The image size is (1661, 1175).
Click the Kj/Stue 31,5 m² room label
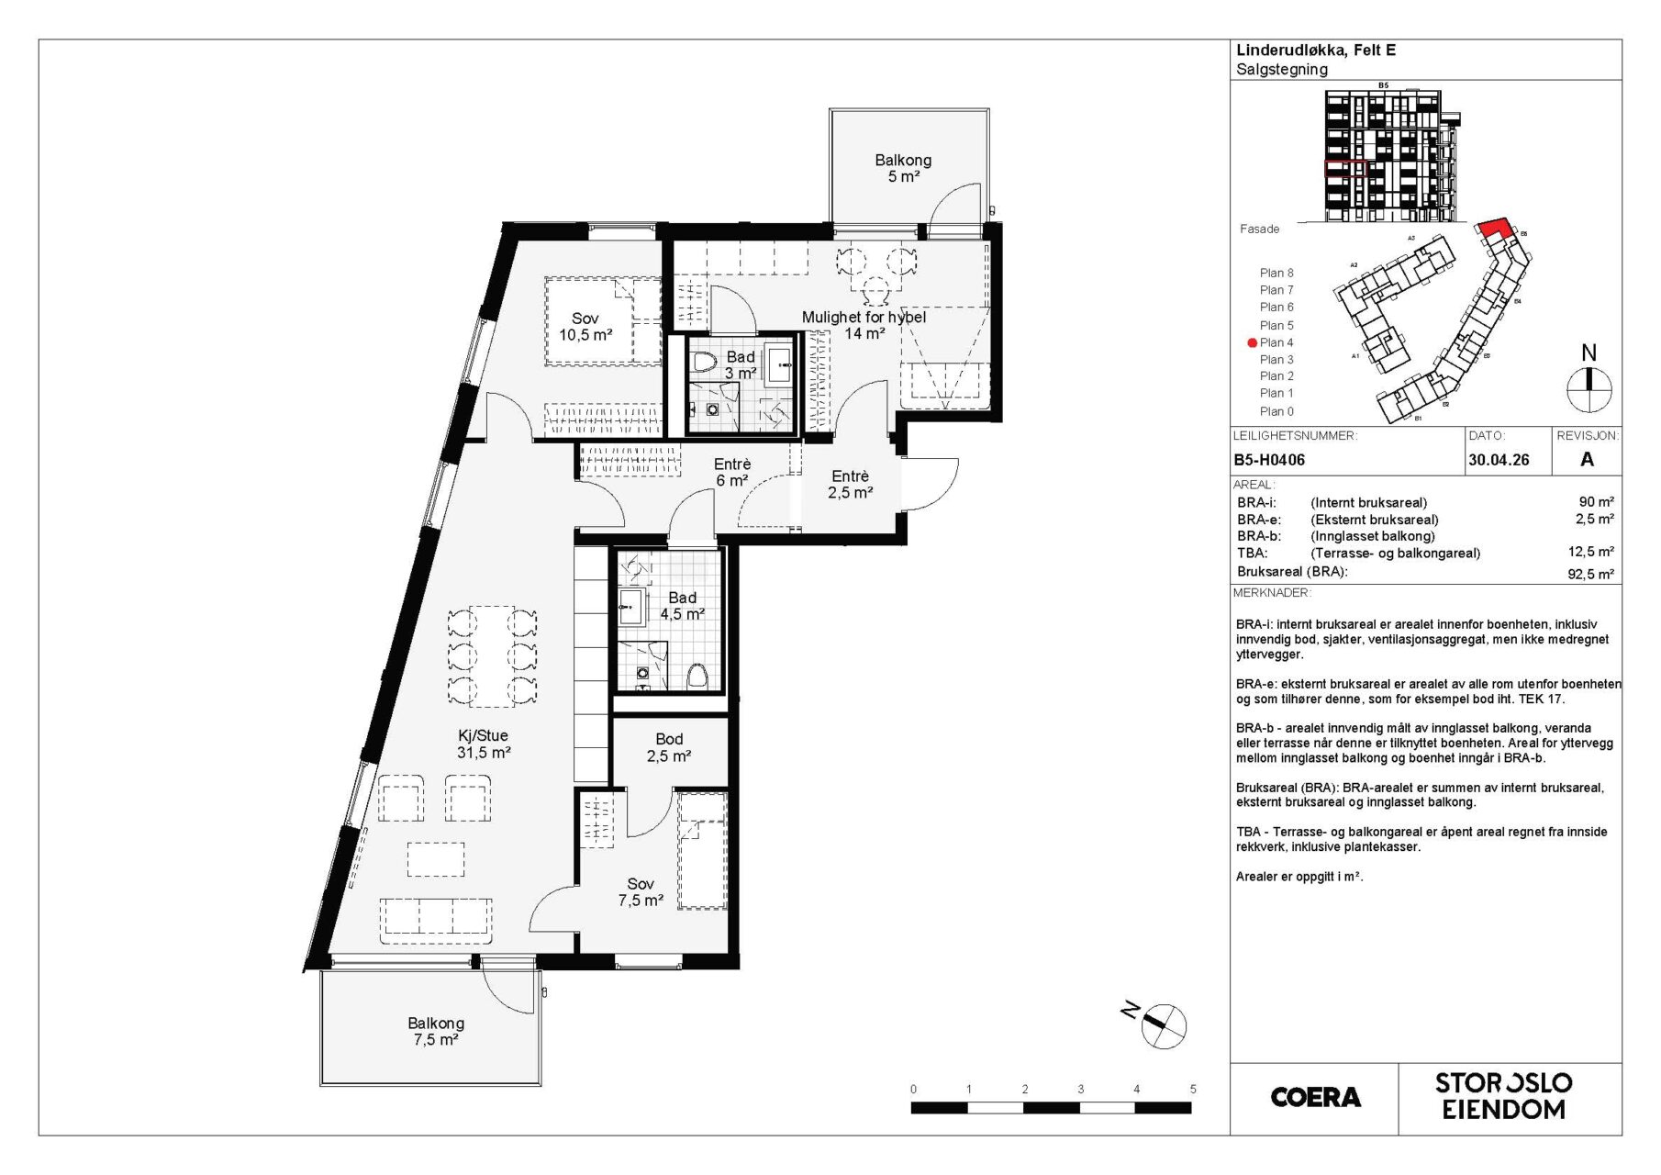click(x=484, y=744)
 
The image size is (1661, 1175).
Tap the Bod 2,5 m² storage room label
click(x=669, y=747)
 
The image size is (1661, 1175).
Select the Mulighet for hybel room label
click(x=864, y=325)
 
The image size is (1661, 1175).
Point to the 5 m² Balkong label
click(x=903, y=168)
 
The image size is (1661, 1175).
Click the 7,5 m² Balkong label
click(x=436, y=1031)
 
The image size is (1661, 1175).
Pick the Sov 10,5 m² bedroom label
click(x=585, y=327)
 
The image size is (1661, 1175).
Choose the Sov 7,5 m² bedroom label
click(x=641, y=891)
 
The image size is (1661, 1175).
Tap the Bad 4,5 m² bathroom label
click(x=682, y=606)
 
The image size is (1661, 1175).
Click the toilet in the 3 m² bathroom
click(x=703, y=364)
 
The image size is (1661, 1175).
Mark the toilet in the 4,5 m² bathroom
click(x=697, y=676)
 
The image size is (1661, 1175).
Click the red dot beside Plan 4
click(x=1252, y=342)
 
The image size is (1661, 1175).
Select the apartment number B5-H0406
click(x=1269, y=460)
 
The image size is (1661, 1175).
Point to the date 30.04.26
click(x=1499, y=460)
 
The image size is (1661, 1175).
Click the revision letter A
click(x=1587, y=460)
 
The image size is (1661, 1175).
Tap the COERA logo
click(x=1315, y=1097)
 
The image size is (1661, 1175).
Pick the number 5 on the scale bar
click(x=1193, y=1089)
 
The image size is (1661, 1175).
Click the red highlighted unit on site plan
click(x=1493, y=229)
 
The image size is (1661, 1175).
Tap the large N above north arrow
click(x=1589, y=352)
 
